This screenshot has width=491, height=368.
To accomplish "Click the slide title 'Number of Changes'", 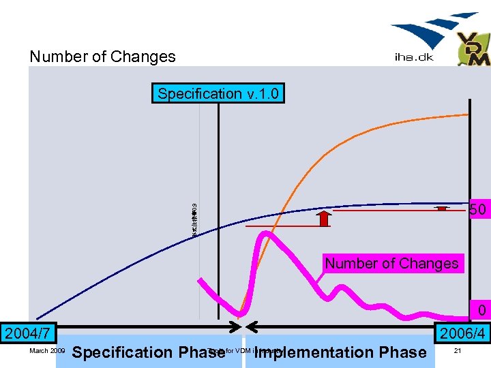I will pos(102,57).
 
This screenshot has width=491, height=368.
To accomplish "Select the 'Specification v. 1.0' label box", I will pos(218,93).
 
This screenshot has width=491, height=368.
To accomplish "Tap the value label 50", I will pos(478,210).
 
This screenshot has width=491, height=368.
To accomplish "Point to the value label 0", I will pos(481,311).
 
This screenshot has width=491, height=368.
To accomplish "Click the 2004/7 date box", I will pos(27,334).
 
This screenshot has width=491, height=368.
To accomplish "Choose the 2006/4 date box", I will pos(462,334).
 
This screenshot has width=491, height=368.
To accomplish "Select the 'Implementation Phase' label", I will pos(340,352).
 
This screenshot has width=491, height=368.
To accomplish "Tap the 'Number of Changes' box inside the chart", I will pos(391,263).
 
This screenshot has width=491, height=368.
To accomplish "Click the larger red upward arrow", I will pos(324,218).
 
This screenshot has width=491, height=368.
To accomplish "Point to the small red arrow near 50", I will pos(442,208).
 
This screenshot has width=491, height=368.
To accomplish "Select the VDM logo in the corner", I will pos(473,50).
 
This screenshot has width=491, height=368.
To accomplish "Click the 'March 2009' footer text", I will pos(48,351).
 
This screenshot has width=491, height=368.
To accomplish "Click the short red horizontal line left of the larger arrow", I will pos(278,226).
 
